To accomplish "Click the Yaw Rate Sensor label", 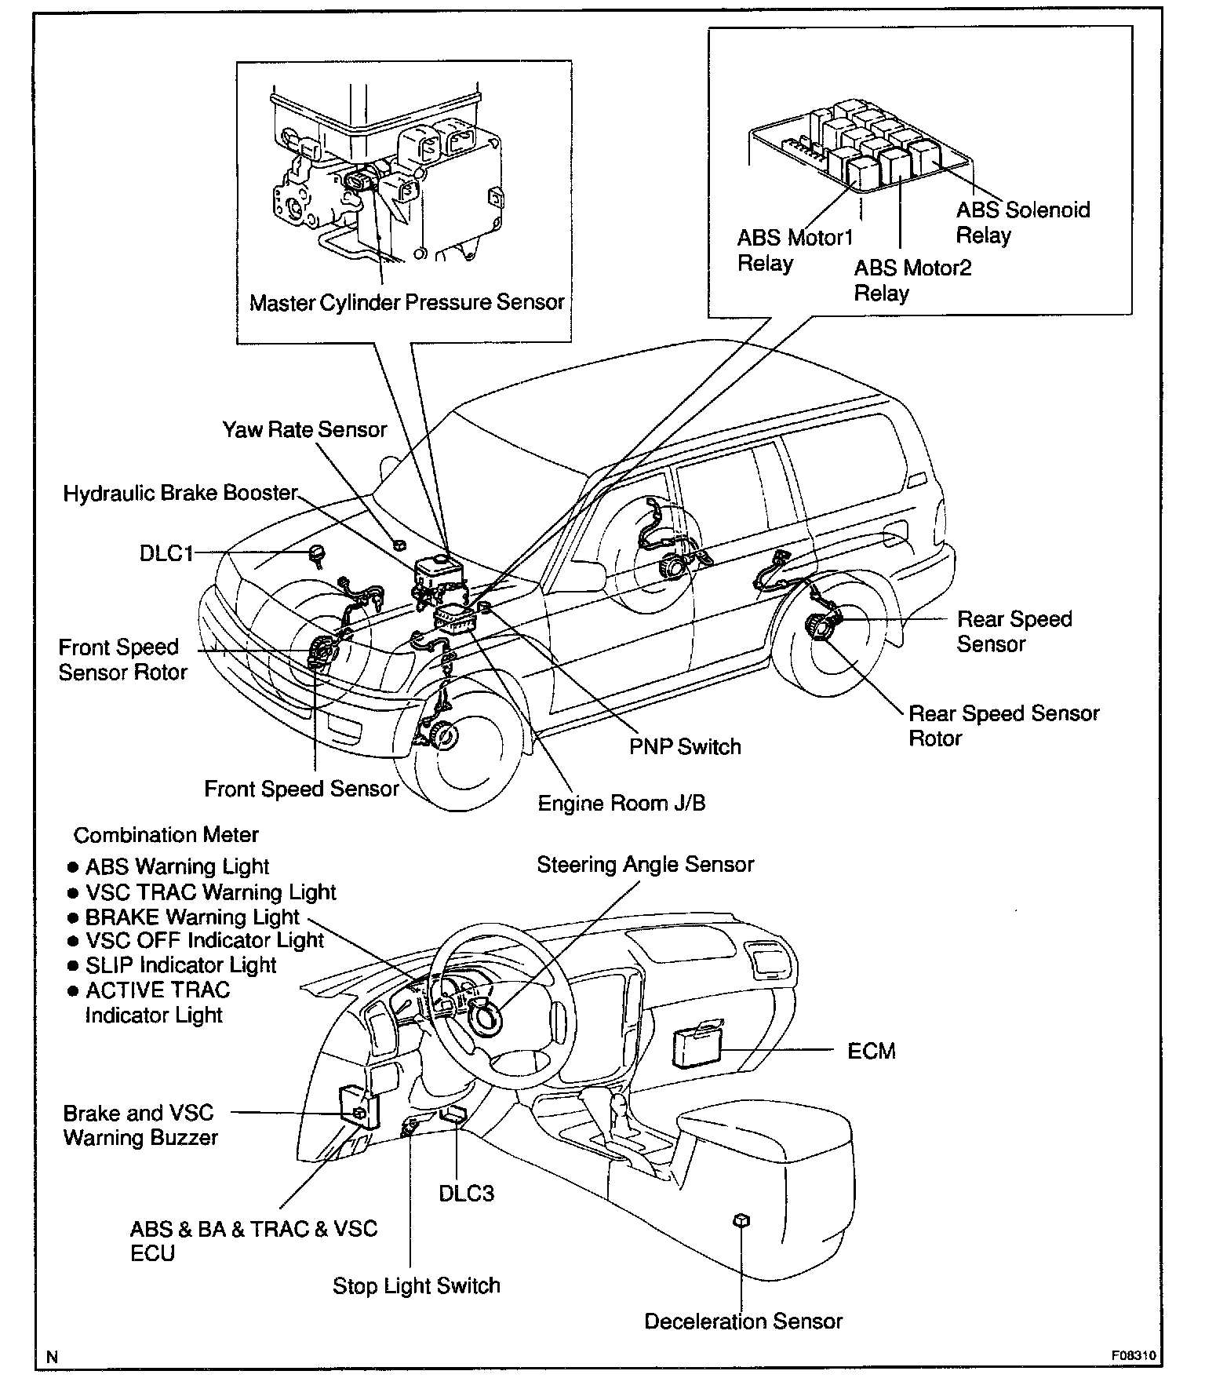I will pos(304,430).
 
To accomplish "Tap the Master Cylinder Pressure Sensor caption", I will pos(406,302).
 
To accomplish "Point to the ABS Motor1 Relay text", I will pos(794,250).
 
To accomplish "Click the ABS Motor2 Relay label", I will pos(912,280).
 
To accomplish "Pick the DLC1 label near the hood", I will pos(166,553).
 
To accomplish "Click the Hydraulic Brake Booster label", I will pos(180,493).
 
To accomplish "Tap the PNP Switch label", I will pos(684,746).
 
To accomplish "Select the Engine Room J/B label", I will pos(621,804).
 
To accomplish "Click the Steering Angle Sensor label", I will pos(645,864).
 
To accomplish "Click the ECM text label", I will pos(871,1051).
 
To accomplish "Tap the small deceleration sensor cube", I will pos(741,1220).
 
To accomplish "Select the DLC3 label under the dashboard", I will pos(466,1194).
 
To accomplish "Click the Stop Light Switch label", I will pos(416,1286).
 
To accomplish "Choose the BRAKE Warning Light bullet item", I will pos(191,917).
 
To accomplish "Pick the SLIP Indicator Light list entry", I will pos(180,965).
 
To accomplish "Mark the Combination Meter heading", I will pos(166,835).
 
